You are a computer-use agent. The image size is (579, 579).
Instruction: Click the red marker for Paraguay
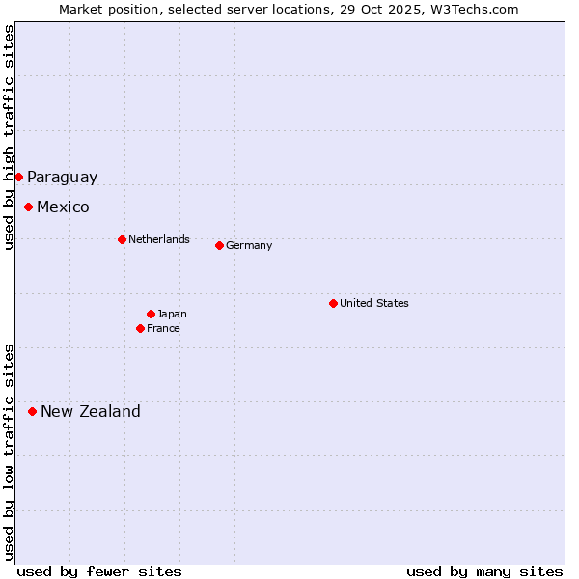pyautogui.click(x=18, y=177)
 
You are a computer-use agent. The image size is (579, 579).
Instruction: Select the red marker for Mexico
pyautogui.click(x=28, y=207)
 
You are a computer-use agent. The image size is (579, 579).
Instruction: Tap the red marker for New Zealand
pyautogui.click(x=32, y=411)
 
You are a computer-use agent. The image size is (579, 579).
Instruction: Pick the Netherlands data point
pyautogui.click(x=122, y=239)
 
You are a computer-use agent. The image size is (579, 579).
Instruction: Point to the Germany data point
pyautogui.click(x=219, y=245)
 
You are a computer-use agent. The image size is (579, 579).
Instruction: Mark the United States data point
pyautogui.click(x=333, y=303)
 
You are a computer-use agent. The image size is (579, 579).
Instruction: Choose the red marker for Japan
pyautogui.click(x=151, y=314)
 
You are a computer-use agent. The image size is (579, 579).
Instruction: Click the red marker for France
pyautogui.click(x=140, y=328)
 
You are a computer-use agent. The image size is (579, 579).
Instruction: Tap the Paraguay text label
pyautogui.click(x=62, y=177)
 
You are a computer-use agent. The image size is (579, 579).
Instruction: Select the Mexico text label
pyautogui.click(x=63, y=207)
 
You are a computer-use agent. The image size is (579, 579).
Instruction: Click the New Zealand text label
pyautogui.click(x=90, y=411)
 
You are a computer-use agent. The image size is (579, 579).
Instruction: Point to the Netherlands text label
pyautogui.click(x=158, y=239)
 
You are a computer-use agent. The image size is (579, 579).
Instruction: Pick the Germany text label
pyautogui.click(x=249, y=245)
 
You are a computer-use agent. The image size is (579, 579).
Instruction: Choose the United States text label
pyautogui.click(x=373, y=303)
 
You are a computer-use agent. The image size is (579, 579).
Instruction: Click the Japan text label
pyautogui.click(x=172, y=314)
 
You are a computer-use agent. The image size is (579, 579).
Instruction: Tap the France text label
pyautogui.click(x=163, y=328)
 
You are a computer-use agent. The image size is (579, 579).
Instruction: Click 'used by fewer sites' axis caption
pyautogui.click(x=99, y=571)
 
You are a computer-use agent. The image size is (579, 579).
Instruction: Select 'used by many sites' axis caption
pyautogui.click(x=484, y=571)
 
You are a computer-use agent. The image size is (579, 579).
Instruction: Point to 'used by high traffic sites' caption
pyautogui.click(x=9, y=137)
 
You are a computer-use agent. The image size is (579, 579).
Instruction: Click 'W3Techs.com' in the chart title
pyautogui.click(x=476, y=9)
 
